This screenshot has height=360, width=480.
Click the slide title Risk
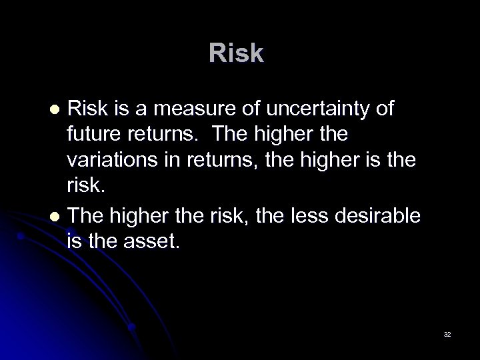click(236, 54)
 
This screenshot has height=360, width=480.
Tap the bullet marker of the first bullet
click(56, 109)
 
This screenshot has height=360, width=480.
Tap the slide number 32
click(447, 333)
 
